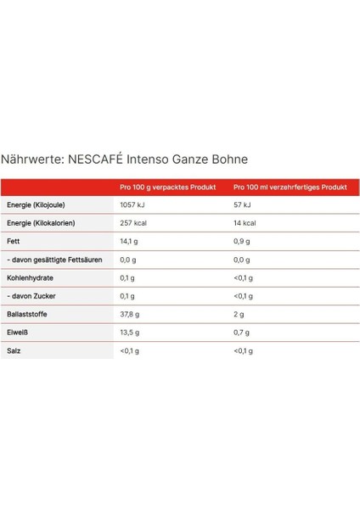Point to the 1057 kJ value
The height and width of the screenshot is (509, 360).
pyautogui.click(x=134, y=205)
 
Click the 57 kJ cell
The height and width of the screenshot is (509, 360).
pyautogui.click(x=242, y=205)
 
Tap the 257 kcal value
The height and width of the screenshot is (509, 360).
pyautogui.click(x=134, y=223)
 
